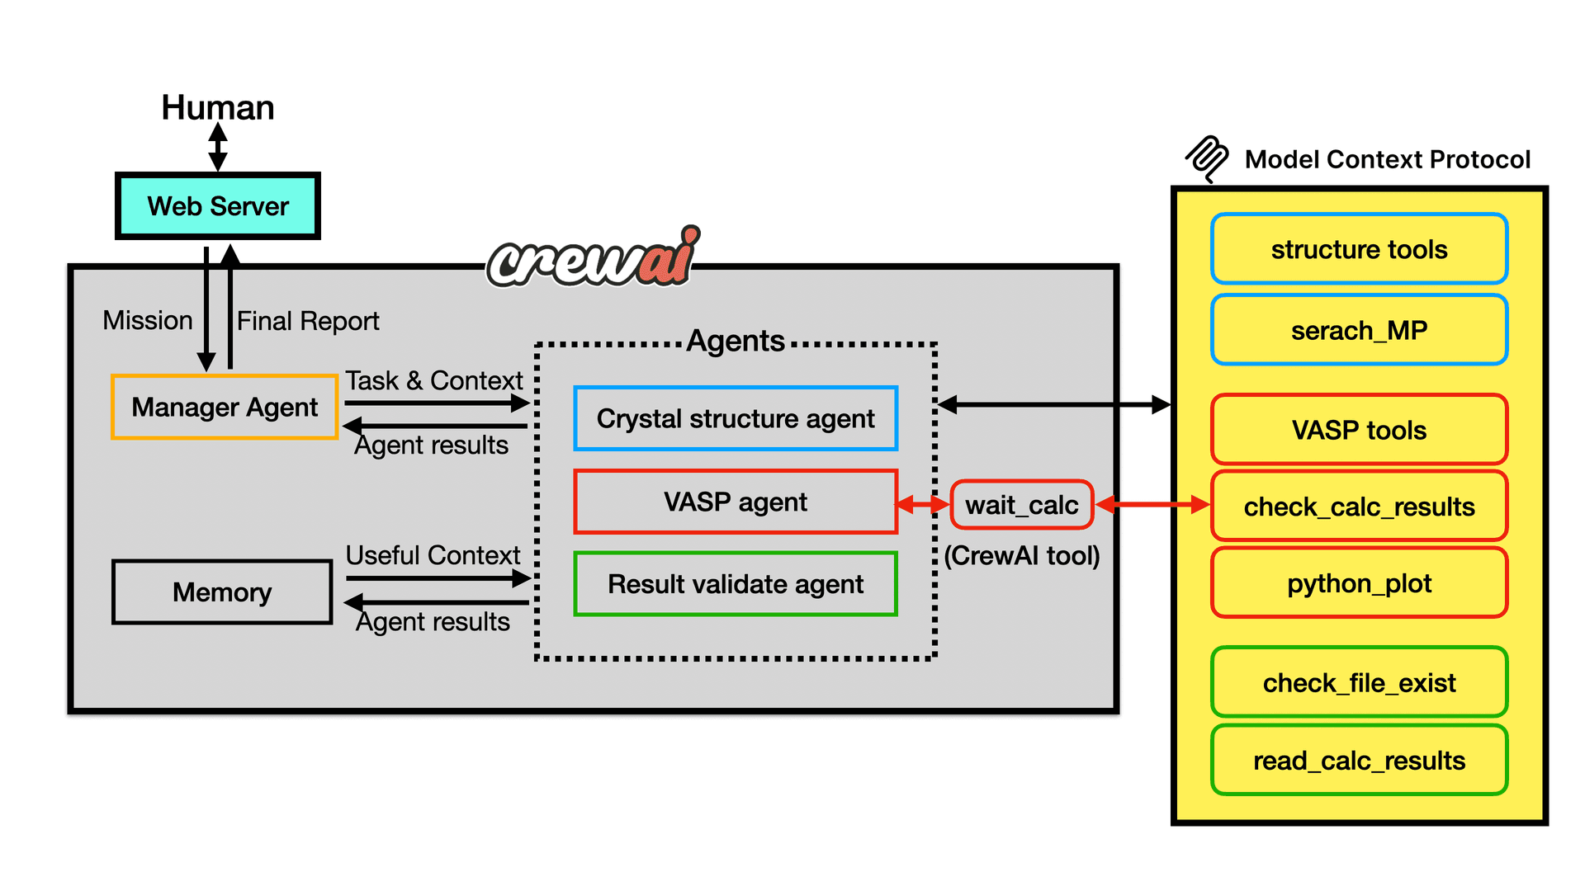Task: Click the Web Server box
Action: [218, 205]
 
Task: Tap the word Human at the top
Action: [218, 107]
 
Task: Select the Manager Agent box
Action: [225, 407]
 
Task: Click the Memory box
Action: [222, 592]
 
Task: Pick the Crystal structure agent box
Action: [736, 418]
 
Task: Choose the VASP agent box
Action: [736, 502]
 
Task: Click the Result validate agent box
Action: [736, 584]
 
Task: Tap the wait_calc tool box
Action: [1022, 504]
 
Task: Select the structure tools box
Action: [1360, 249]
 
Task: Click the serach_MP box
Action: [1360, 330]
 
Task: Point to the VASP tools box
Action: [1360, 430]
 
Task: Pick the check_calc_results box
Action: [1360, 507]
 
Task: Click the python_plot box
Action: [1360, 583]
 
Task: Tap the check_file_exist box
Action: [1360, 682]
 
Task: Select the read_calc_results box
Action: [1360, 760]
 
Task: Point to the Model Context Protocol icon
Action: [1208, 158]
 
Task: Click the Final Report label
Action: [308, 321]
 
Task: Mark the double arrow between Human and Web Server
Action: [218, 147]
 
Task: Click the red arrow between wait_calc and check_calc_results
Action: [1152, 504]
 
